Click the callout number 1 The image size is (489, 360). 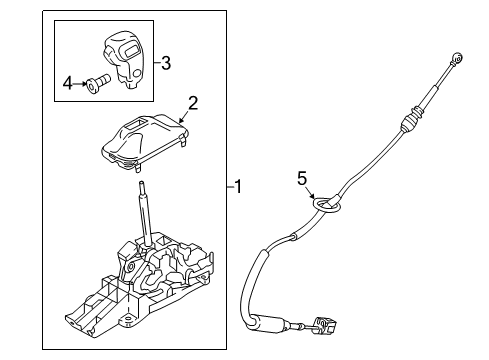pos(239,185)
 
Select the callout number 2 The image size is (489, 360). pos(193,101)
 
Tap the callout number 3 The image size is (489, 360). pos(165,64)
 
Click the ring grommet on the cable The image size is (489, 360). pos(325,207)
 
